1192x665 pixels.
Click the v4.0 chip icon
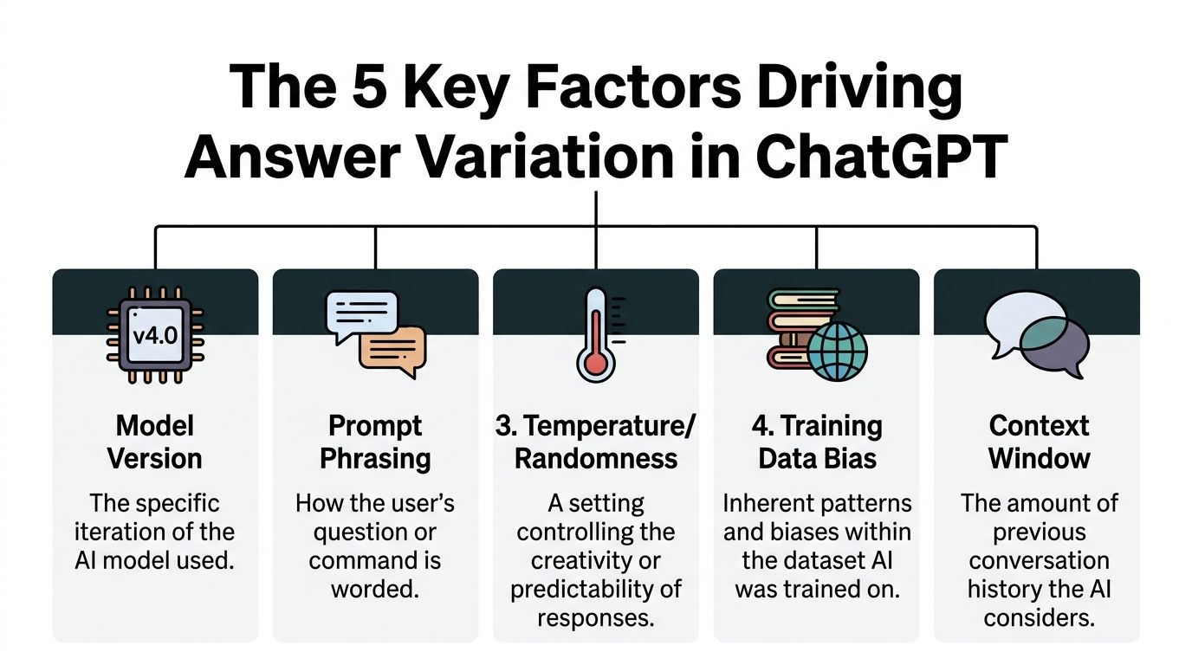(156, 334)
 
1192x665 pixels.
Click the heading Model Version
(155, 442)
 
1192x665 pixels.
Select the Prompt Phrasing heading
(375, 442)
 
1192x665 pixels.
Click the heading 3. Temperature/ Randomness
(596, 442)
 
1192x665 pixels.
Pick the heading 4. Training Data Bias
(818, 442)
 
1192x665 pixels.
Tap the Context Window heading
(1039, 442)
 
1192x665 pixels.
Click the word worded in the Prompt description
(374, 589)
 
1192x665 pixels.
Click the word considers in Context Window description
(1039, 617)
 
